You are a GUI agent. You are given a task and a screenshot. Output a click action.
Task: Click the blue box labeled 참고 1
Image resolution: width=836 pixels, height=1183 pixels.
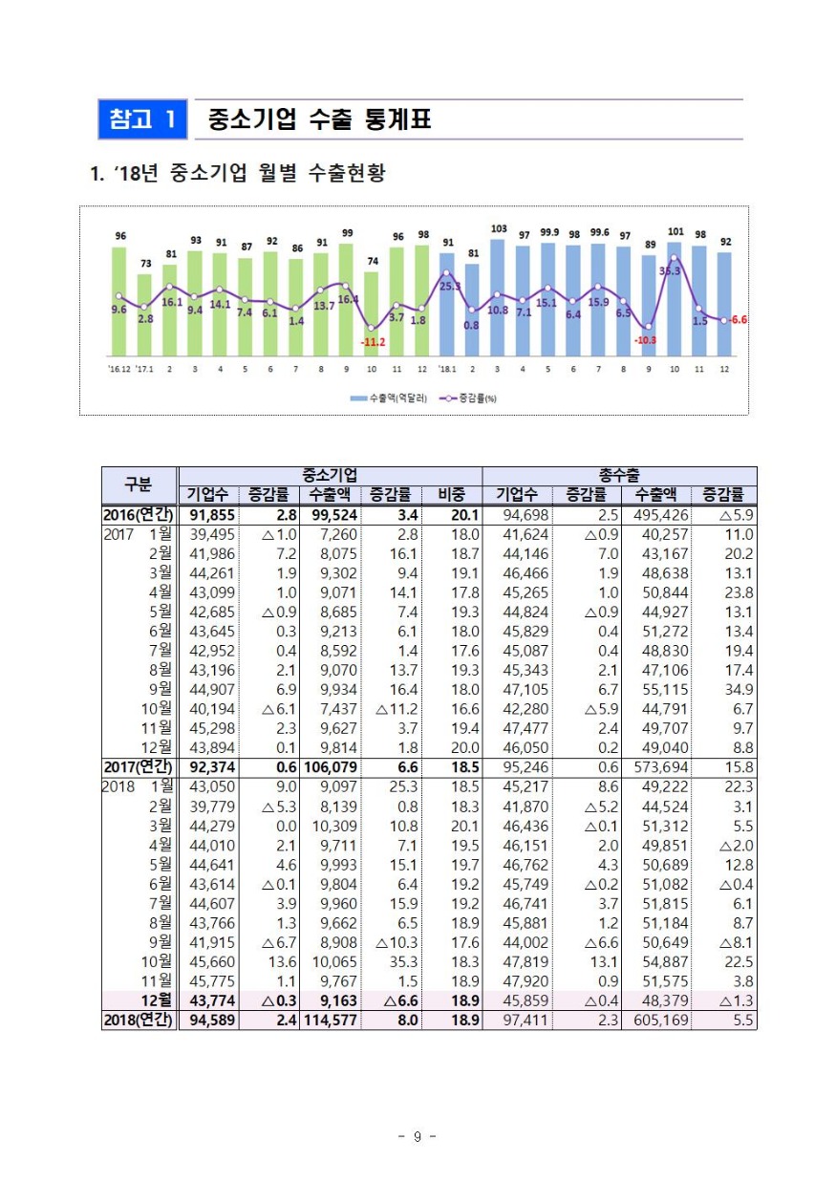pyautogui.click(x=142, y=119)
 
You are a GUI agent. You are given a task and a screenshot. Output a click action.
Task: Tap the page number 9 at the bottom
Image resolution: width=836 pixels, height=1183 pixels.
pyautogui.click(x=417, y=1136)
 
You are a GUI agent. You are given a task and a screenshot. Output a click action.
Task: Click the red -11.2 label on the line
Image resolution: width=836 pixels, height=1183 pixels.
pyautogui.click(x=372, y=341)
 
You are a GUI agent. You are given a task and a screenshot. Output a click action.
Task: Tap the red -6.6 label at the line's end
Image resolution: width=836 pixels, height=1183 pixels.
pyautogui.click(x=737, y=320)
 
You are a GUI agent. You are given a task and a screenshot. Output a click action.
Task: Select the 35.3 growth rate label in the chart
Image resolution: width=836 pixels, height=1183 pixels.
pyautogui.click(x=670, y=271)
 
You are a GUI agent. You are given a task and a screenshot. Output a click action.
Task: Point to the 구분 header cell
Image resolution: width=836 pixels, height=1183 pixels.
pyautogui.click(x=139, y=484)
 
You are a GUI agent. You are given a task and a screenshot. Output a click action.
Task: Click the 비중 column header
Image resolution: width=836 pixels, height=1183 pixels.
pyautogui.click(x=451, y=495)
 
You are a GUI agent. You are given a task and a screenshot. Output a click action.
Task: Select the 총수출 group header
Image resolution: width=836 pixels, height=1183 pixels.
pyautogui.click(x=619, y=475)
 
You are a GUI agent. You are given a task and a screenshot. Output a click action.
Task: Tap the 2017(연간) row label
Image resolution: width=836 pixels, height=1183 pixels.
pyautogui.click(x=139, y=766)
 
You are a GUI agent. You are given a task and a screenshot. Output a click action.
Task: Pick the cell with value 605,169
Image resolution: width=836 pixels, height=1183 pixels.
pyautogui.click(x=655, y=1021)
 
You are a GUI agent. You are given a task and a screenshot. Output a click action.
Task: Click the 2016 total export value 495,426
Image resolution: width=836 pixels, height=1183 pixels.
pyautogui.click(x=655, y=515)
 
